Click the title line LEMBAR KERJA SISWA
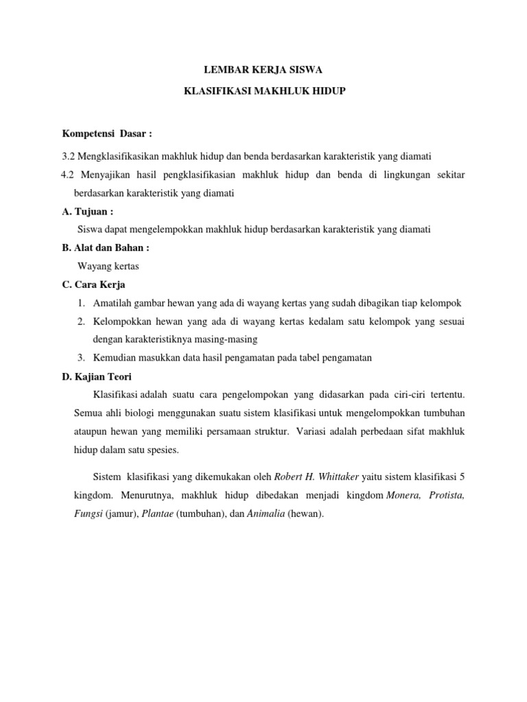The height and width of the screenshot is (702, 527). [x=264, y=69]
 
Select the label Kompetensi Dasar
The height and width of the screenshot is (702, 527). [x=102, y=132]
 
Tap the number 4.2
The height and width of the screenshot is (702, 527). [x=69, y=175]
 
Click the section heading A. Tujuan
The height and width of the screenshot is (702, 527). [x=88, y=212]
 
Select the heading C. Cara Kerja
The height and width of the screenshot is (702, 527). [x=94, y=285]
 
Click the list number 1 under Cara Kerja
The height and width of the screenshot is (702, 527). [x=80, y=303]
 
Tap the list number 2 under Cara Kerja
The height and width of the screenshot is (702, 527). [x=80, y=322]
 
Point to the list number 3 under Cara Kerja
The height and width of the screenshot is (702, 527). [x=80, y=358]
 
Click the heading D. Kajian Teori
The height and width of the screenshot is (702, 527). [x=97, y=376]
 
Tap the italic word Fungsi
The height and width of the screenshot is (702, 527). [x=88, y=513]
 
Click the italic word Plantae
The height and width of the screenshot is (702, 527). [x=158, y=513]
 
